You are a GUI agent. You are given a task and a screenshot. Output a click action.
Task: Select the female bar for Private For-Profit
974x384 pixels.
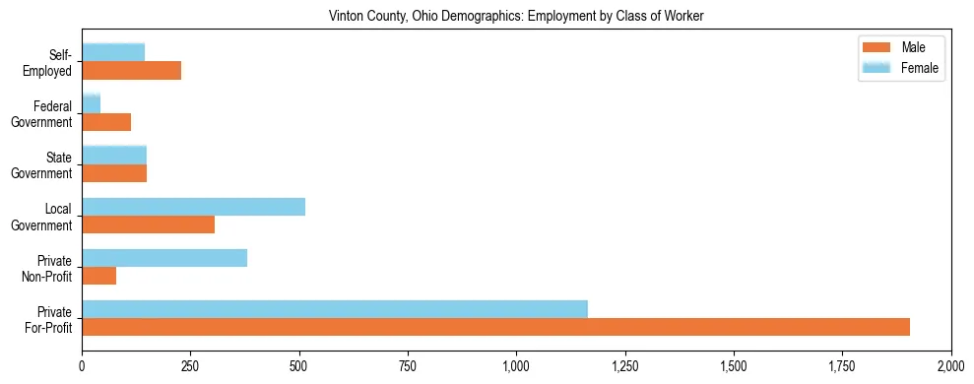pyautogui.click(x=335, y=309)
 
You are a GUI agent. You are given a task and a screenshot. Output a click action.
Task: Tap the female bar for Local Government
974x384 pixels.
pyautogui.click(x=193, y=207)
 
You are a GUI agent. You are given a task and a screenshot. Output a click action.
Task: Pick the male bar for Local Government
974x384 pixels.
pyautogui.click(x=148, y=224)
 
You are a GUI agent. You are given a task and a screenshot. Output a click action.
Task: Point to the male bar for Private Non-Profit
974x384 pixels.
pyautogui.click(x=98, y=276)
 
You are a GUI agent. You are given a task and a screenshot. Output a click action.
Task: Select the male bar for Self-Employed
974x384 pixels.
pyautogui.click(x=131, y=71)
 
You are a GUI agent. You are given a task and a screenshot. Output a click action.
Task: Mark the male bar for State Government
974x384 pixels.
pyautogui.click(x=114, y=173)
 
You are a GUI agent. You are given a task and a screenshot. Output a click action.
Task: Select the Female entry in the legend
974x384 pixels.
pyautogui.click(x=919, y=68)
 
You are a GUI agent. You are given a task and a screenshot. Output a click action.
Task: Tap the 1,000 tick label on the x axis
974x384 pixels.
pyautogui.click(x=516, y=366)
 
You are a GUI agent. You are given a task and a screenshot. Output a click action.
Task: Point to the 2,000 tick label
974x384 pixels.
pyautogui.click(x=950, y=366)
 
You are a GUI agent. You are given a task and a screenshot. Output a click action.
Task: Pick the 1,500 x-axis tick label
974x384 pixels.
pyautogui.click(x=734, y=366)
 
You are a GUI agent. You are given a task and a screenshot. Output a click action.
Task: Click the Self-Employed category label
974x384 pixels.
pyautogui.click(x=51, y=62)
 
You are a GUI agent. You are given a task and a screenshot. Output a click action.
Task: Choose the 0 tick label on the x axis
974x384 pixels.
pyautogui.click(x=82, y=366)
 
